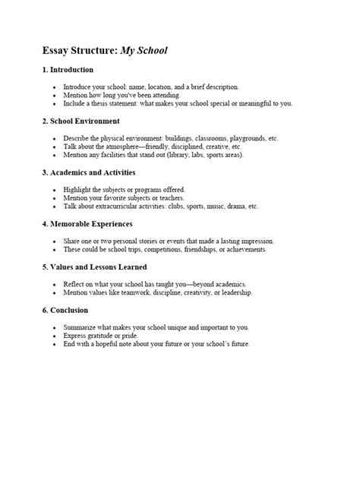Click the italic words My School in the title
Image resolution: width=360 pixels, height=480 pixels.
point(141,51)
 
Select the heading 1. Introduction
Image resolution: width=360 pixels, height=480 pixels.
point(68,70)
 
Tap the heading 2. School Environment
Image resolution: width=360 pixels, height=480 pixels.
point(81,121)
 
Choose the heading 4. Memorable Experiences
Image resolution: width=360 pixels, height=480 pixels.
point(87,223)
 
